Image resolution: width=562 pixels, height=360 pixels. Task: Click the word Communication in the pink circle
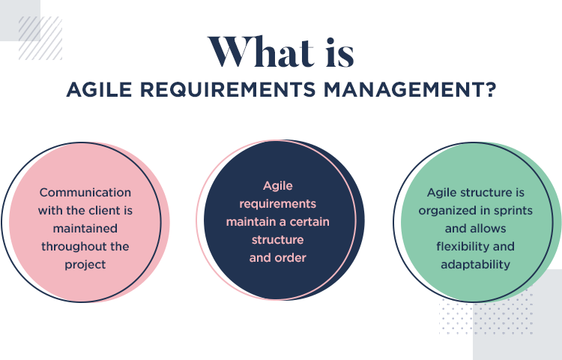[85, 193]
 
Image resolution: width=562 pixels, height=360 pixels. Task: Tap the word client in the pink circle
[103, 211]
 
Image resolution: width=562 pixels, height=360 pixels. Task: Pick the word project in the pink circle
[85, 265]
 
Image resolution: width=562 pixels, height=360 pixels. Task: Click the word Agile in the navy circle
[278, 186]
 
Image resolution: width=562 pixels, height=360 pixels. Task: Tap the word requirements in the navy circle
[278, 204]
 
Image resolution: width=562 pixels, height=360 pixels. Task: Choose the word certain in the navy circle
[309, 222]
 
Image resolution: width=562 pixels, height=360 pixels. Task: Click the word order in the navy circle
[291, 258]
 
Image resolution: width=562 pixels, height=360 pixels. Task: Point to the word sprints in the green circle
[513, 211]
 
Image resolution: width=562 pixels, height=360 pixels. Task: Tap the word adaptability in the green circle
[475, 265]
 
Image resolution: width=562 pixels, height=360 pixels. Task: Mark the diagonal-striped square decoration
[40, 38]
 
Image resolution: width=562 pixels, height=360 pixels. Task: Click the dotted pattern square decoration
[486, 311]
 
